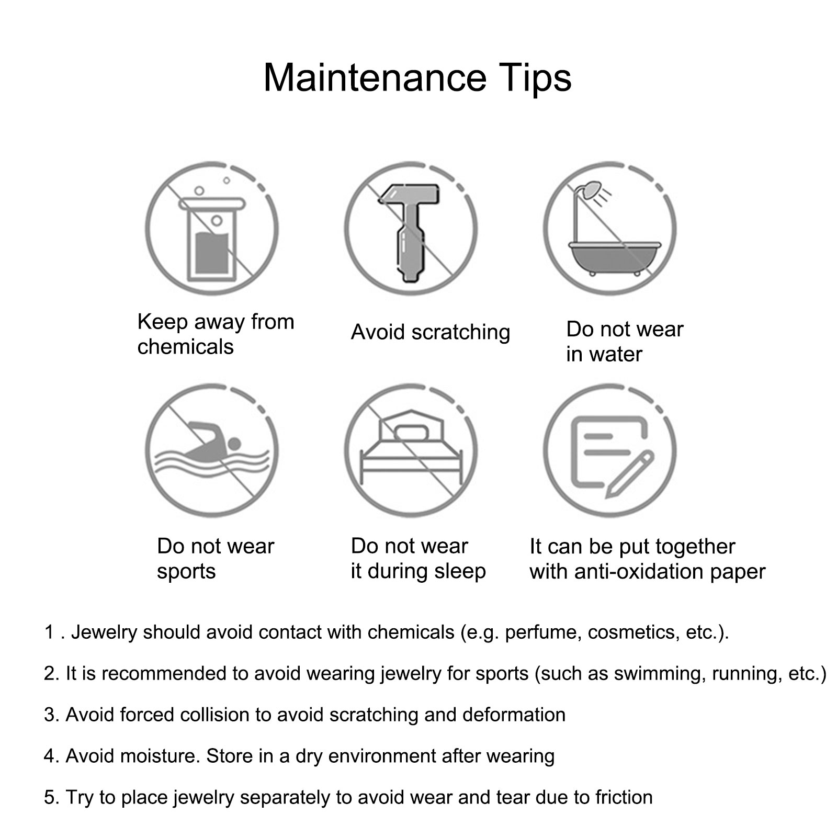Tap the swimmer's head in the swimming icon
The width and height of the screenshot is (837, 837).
pyautogui.click(x=234, y=444)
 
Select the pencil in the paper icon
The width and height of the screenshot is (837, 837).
pyautogui.click(x=630, y=474)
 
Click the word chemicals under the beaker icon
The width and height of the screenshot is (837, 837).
pyautogui.click(x=185, y=347)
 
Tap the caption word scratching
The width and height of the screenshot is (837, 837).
pyautogui.click(x=461, y=333)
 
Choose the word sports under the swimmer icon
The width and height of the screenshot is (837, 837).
pyautogui.click(x=186, y=572)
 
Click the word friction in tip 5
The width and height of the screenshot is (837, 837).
pyautogui.click(x=624, y=797)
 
